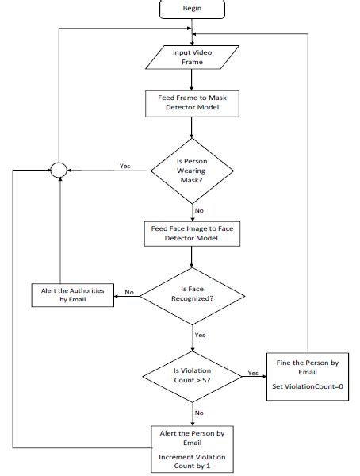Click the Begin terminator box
click(192, 8)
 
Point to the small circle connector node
click(59, 168)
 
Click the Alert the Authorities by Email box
click(73, 294)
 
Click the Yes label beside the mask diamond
click(124, 166)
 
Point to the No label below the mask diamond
click(200, 210)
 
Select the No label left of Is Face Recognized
click(128, 292)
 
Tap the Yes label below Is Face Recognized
click(200, 336)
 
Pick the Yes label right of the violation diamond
click(252, 371)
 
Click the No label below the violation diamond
click(200, 413)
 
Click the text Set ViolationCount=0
click(308, 386)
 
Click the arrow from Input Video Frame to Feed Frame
click(192, 80)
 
